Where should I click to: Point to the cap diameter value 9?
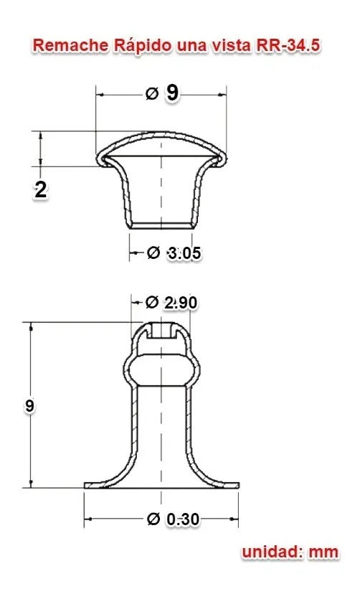pos(172,93)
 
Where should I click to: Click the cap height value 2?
pos(41,189)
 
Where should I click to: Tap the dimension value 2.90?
pos(180,303)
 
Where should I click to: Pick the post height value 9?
pos(29,405)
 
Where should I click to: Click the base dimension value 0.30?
pos(182,519)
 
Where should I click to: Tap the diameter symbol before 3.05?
pos(153,253)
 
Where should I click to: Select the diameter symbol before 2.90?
pos(151,303)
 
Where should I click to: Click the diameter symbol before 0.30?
pos(153,519)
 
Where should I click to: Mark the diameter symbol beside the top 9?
pos(151,93)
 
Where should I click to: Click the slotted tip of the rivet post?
pos(162,331)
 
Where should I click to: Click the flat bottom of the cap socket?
pos(162,225)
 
